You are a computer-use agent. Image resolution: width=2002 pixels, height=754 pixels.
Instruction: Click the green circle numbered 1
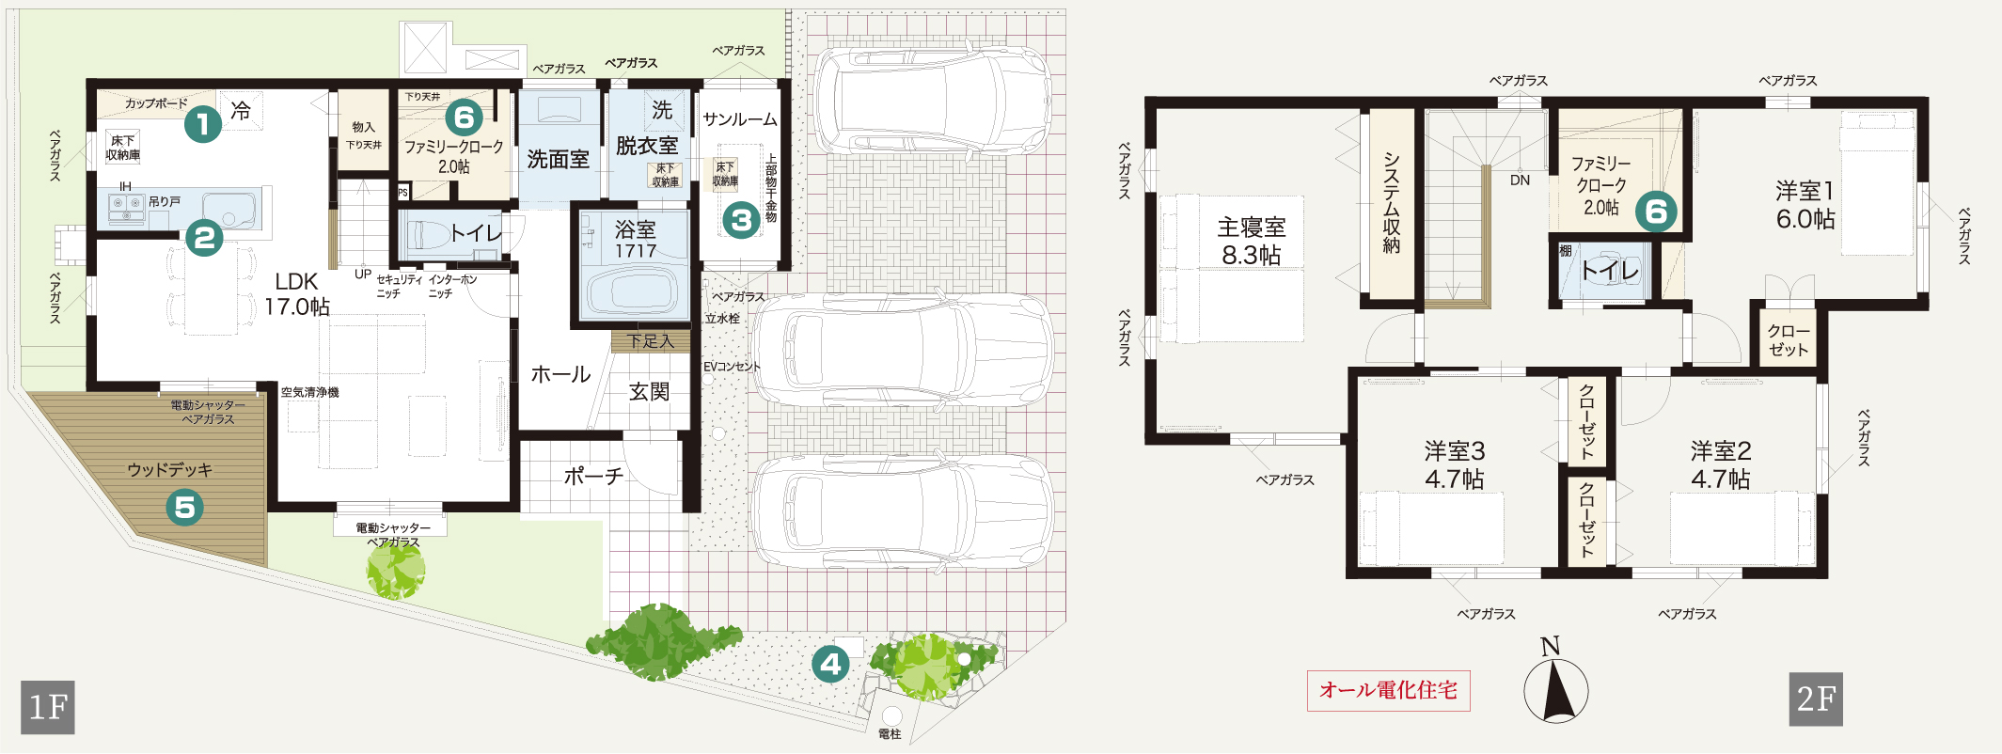[x=202, y=123]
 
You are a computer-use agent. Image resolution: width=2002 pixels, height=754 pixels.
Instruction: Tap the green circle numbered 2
[x=204, y=238]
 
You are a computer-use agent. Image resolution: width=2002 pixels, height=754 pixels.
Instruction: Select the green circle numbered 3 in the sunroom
[x=741, y=220]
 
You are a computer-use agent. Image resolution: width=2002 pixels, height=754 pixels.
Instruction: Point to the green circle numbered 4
[x=830, y=665]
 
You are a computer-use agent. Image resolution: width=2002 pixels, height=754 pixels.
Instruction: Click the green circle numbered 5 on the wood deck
[x=185, y=508]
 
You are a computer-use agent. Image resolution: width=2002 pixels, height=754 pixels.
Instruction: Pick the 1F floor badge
[x=48, y=706]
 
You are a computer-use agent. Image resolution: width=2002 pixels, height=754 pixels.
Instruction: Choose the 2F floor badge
[x=1816, y=699]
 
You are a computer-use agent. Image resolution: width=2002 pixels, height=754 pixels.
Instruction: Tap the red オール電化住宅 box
[x=1388, y=690]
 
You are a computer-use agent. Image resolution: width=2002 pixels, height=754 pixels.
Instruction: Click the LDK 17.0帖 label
[x=297, y=294]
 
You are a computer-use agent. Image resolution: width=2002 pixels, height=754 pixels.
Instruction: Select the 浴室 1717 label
[x=636, y=240]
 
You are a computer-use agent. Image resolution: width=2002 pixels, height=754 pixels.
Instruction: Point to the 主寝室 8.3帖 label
[x=1252, y=241]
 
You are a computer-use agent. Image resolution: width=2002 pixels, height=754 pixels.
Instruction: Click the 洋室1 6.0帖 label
[x=1805, y=205]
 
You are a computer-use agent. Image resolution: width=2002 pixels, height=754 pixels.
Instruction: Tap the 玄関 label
[x=649, y=391]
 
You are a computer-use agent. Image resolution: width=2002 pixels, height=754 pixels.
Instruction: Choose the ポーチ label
[x=593, y=476]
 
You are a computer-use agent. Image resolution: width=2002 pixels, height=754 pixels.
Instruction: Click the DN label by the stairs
[x=1520, y=180]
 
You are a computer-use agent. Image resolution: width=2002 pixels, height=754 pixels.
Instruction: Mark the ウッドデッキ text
[x=170, y=469]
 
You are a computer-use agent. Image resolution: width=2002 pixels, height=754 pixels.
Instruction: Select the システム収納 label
[x=1392, y=203]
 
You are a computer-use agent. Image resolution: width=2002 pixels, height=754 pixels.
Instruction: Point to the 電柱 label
[x=890, y=734]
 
